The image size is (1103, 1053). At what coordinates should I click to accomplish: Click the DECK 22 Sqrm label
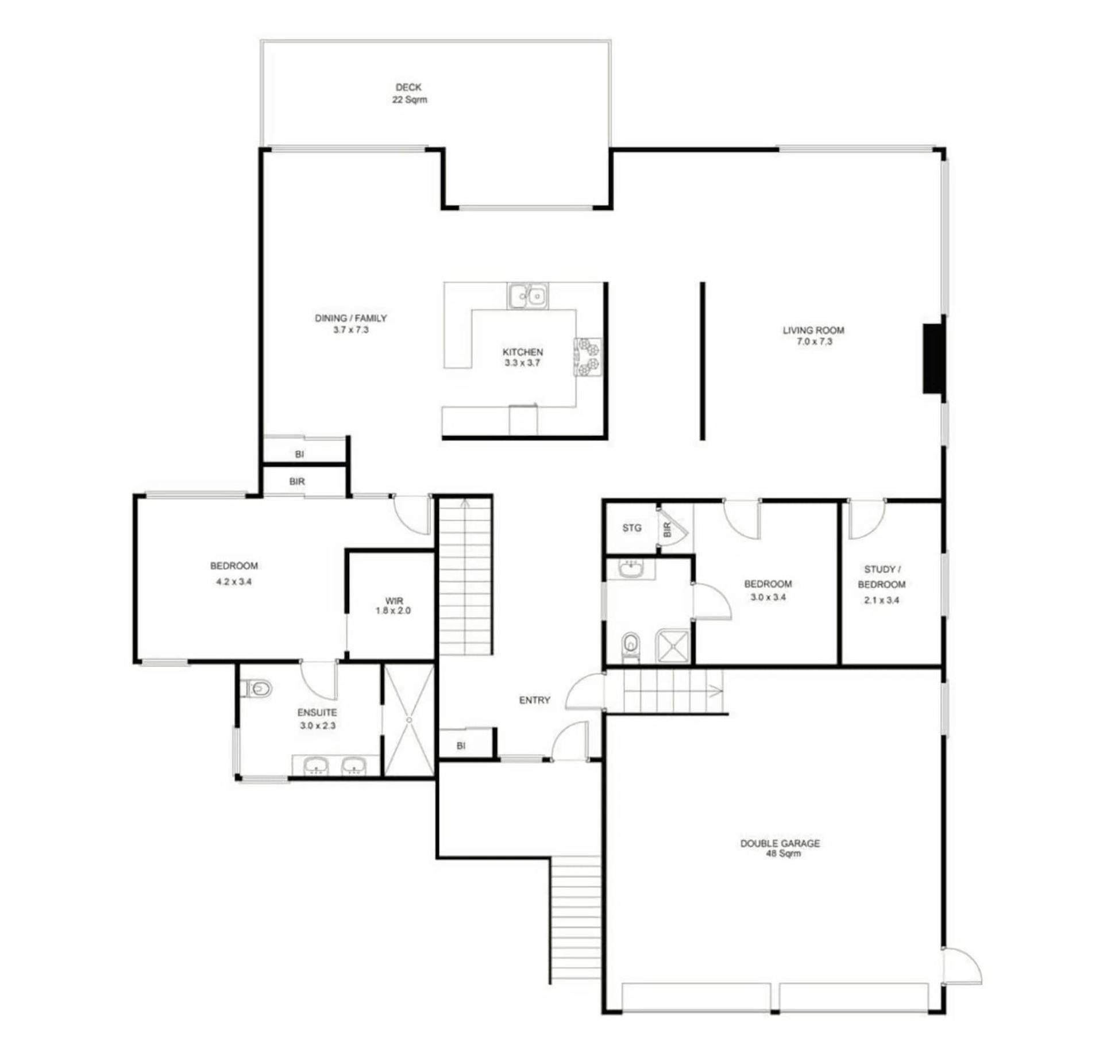409,93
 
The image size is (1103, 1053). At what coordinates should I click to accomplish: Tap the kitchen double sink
527,295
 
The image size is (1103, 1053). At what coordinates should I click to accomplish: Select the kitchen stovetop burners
589,356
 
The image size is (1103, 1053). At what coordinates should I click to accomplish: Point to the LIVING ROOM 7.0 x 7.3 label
813,336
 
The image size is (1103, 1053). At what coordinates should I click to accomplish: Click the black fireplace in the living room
934,359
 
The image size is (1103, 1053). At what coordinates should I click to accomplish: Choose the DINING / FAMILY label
350,318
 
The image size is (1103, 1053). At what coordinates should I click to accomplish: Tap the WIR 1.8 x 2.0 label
394,606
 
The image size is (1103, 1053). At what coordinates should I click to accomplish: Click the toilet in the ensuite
257,688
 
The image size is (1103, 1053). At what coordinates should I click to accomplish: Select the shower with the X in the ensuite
408,720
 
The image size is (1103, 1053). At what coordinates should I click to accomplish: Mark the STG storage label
632,528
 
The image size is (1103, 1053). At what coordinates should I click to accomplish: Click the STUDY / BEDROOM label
882,577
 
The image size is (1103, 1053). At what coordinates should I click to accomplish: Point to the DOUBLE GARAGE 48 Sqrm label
780,848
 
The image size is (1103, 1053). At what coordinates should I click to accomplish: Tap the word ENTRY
534,700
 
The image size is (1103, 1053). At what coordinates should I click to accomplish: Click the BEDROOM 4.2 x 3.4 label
234,574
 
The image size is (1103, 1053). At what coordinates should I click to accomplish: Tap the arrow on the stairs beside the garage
716,691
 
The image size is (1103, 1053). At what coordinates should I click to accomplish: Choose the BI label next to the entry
461,746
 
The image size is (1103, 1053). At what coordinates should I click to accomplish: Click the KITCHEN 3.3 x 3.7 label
522,357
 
